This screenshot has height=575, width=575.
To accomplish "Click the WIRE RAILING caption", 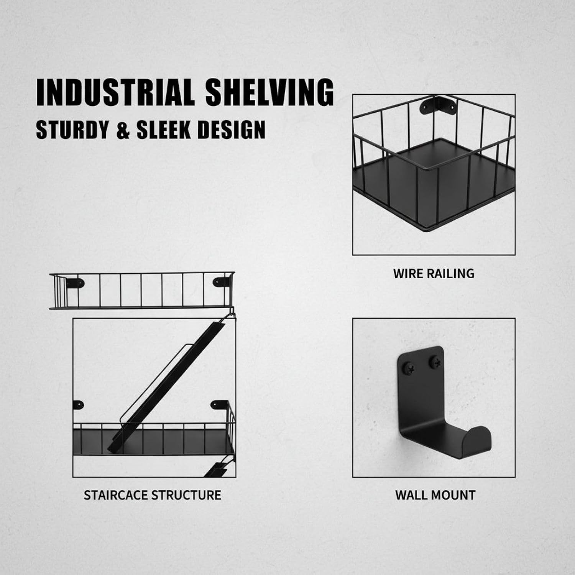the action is pos(434,274).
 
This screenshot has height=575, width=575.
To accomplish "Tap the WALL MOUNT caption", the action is pos(435,495).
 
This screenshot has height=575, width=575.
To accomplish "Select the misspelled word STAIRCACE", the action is pos(116,495).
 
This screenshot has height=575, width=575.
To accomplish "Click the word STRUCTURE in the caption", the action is pos(186,495).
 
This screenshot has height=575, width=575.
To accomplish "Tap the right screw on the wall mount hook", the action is pos(435,361).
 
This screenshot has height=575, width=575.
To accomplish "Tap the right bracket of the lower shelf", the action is pos(220,404).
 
